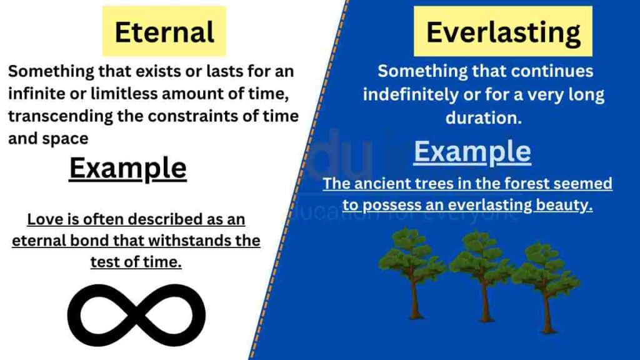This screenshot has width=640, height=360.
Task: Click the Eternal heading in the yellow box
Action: click(164, 31)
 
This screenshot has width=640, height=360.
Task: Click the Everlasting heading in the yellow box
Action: click(502, 31)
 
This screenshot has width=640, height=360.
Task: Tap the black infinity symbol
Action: click(136, 320)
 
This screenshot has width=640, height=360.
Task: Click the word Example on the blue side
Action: click(472, 152)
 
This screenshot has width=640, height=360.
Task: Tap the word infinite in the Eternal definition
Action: click(37, 94)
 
